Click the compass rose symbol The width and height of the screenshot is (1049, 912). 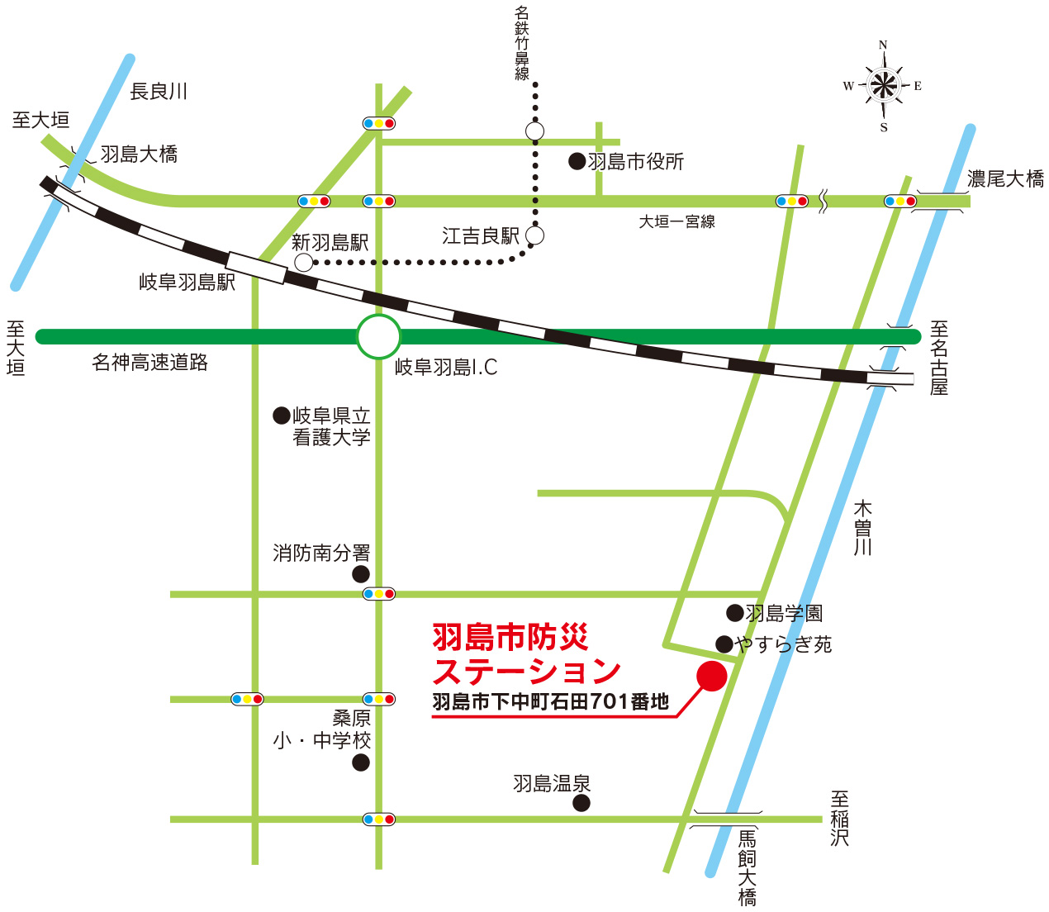point(883,84)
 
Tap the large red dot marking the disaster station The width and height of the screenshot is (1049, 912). point(711,676)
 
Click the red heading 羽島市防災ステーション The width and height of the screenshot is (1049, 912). point(525,653)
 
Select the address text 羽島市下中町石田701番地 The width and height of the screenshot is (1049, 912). point(550,702)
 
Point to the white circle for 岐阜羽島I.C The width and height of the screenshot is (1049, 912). point(378,336)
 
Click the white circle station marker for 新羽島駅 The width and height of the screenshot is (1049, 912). point(304,263)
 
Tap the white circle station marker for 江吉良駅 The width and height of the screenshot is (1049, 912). point(534,235)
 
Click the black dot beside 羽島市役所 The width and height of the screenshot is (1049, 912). point(577,161)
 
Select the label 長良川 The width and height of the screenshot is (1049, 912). point(159,91)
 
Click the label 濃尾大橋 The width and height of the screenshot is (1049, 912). point(1005,178)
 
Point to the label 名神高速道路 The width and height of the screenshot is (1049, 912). point(150,362)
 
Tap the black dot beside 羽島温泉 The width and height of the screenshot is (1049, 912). point(581,803)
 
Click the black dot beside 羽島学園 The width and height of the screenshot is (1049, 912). point(734,613)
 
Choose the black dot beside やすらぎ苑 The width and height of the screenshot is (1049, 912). point(724,644)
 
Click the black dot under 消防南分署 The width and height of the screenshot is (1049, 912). point(361,574)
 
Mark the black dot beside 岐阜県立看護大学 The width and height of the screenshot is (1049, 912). point(282,416)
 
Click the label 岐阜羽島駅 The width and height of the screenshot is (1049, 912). point(187,283)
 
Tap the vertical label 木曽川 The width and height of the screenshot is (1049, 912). point(863,527)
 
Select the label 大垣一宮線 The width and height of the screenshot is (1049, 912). point(676,221)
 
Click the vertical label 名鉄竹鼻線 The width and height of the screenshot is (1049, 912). point(522,43)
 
